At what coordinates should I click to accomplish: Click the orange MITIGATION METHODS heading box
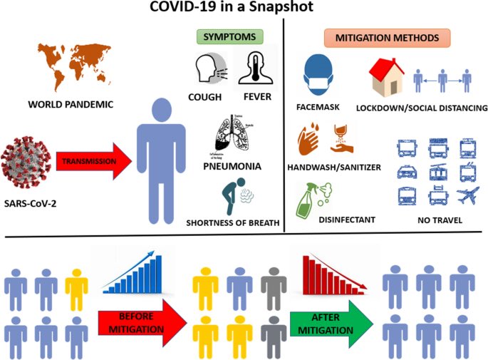pos(386,36)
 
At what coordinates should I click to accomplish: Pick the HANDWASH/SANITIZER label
pos(340,167)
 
